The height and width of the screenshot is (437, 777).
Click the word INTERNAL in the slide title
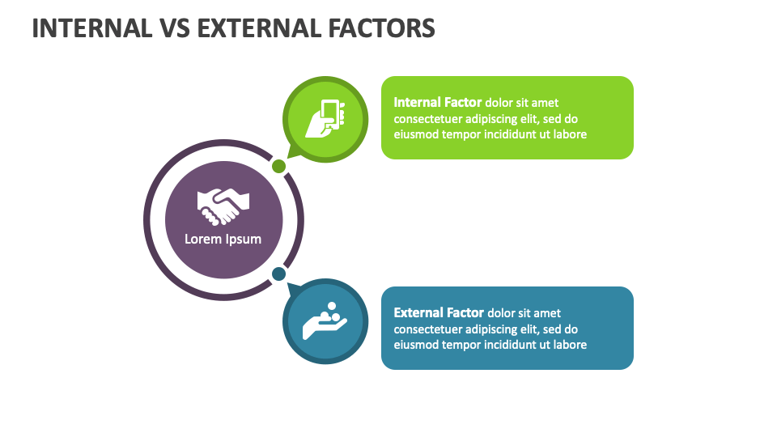click(x=91, y=28)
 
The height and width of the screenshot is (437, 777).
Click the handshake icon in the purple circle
click(x=223, y=206)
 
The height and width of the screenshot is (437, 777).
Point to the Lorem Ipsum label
click(x=223, y=239)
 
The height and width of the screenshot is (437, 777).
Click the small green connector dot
click(x=278, y=167)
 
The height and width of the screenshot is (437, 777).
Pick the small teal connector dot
click(x=278, y=274)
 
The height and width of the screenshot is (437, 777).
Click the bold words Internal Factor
click(x=438, y=103)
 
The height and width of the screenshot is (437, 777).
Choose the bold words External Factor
click(x=439, y=313)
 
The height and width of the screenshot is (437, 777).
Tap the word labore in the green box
click(x=570, y=134)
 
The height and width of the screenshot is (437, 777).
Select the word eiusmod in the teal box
click(x=416, y=345)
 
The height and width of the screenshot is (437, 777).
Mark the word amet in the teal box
click(x=546, y=313)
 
